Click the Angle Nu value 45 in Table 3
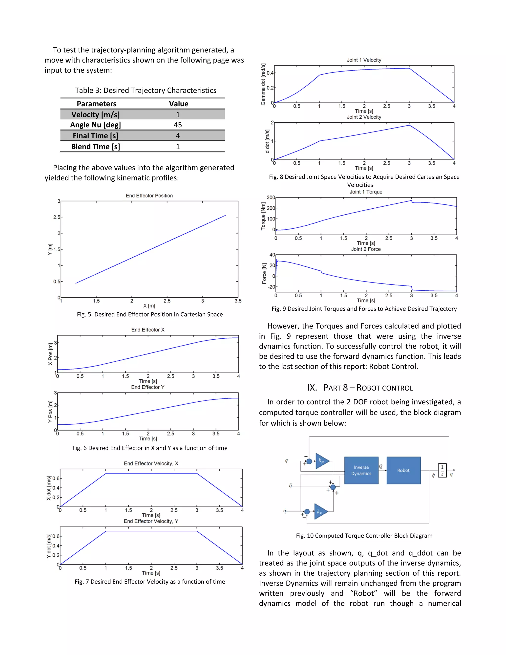pyautogui.click(x=178, y=125)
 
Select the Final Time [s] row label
pyautogui.click(x=95, y=135)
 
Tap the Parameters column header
pyautogui.click(x=97, y=104)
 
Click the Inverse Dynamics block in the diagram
pyautogui.click(x=361, y=470)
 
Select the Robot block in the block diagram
pyautogui.click(x=403, y=470)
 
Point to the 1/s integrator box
pyautogui.click(x=442, y=470)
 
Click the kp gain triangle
pyautogui.click(x=321, y=461)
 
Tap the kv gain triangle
pyautogui.click(x=320, y=511)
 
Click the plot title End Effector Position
pyautogui.click(x=149, y=196)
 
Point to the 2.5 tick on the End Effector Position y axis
pyautogui.click(x=57, y=217)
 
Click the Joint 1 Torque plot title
pyautogui.click(x=366, y=192)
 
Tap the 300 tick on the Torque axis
pyautogui.click(x=271, y=197)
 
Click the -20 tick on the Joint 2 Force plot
pyautogui.click(x=271, y=287)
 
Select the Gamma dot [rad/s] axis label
pyautogui.click(x=263, y=84)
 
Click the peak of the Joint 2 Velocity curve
pyautogui.click(x=409, y=125)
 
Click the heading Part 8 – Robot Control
pyautogui.click(x=360, y=388)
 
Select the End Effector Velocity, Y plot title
pyautogui.click(x=151, y=521)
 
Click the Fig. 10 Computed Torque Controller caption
pyautogui.click(x=364, y=535)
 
